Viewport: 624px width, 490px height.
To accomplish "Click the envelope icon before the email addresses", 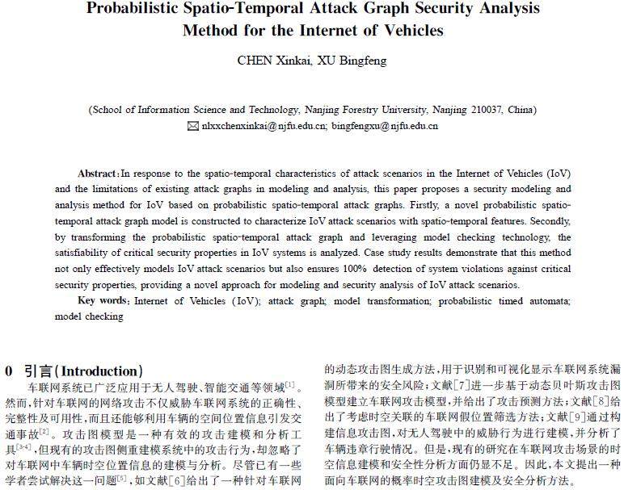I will point(192,126).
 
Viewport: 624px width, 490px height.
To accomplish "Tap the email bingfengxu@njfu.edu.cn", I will point(385,126).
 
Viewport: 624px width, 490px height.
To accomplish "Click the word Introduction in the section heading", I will point(103,371).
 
